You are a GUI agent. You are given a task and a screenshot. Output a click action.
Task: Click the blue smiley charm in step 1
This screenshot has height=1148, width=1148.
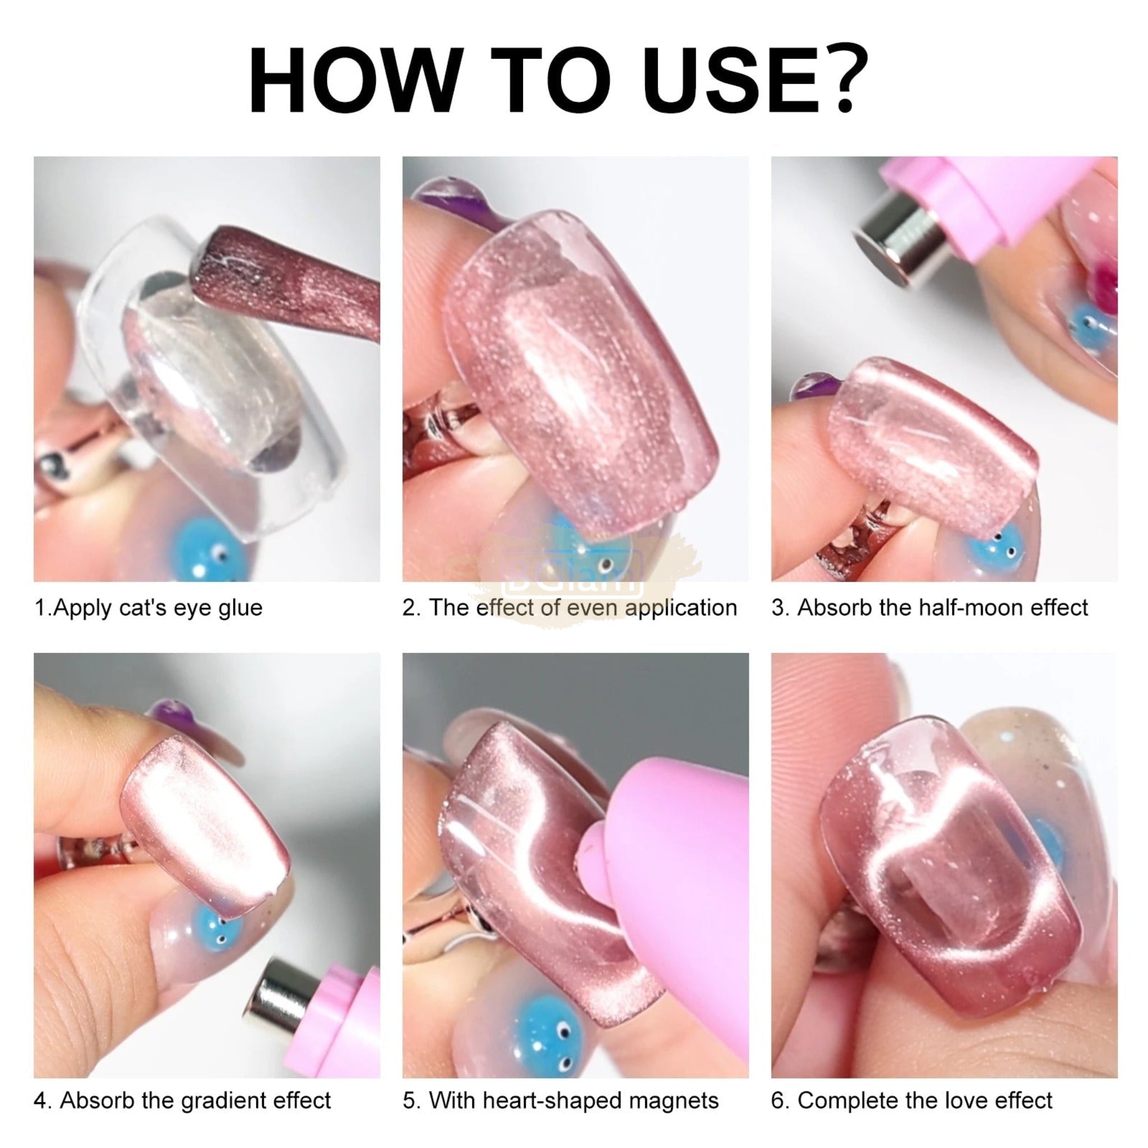pyautogui.click(x=208, y=550)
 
